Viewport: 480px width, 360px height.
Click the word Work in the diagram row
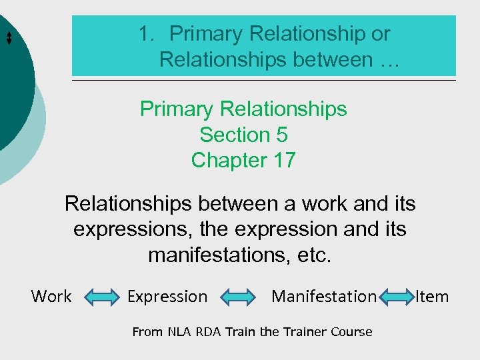51,296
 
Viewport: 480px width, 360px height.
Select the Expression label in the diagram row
167,296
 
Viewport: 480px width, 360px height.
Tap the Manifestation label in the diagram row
324,296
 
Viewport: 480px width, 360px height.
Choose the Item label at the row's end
432,296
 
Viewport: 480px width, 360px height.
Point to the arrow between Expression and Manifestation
238,297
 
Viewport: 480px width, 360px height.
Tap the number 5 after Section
281,135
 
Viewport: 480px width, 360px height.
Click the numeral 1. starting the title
147,33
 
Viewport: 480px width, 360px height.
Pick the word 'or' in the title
380,33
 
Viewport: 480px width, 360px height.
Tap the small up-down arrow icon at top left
9,38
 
